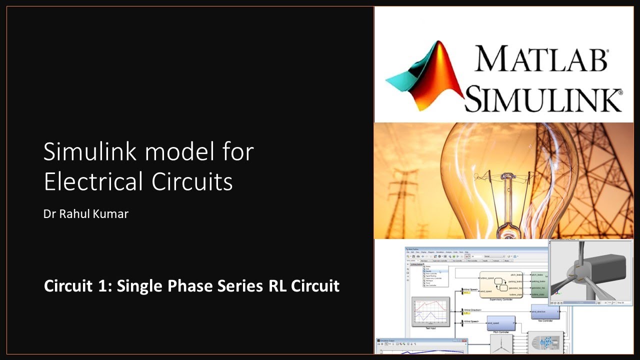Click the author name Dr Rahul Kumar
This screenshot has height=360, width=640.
[x=86, y=213]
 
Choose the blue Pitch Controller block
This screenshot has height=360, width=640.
[x=501, y=323]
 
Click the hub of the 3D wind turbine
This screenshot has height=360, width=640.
[x=579, y=273]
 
